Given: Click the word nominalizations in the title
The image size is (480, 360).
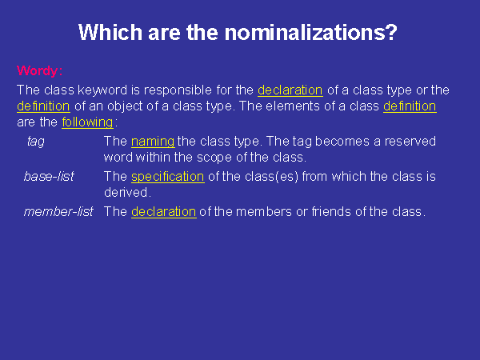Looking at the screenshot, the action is [x=311, y=32].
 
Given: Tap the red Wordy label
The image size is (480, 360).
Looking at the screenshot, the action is [x=39, y=71].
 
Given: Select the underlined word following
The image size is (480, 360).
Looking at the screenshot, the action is [x=87, y=122].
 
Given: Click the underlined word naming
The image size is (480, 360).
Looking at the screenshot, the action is [x=153, y=142].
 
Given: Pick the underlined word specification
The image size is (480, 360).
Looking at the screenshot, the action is [x=168, y=177].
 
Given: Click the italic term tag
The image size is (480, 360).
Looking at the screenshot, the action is [x=36, y=142].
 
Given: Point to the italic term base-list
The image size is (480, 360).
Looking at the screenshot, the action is [x=49, y=176].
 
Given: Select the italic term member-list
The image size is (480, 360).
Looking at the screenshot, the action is [x=58, y=211].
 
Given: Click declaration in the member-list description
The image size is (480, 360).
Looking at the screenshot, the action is [x=164, y=212].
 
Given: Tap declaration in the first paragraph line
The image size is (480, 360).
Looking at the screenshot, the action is [x=290, y=90].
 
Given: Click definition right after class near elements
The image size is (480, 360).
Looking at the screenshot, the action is [x=410, y=106].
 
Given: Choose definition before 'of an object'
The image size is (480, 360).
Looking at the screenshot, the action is [x=43, y=106].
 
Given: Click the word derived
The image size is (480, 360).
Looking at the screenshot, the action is [x=126, y=193].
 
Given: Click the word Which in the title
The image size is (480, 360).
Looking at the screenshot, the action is [x=110, y=32].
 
